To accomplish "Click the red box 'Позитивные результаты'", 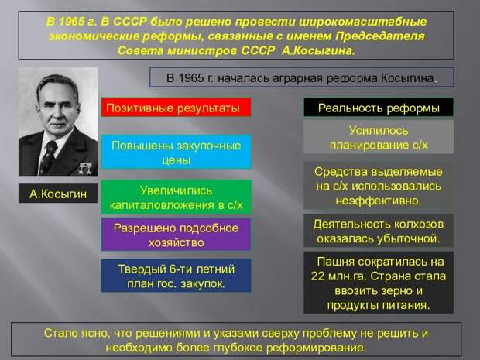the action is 176,108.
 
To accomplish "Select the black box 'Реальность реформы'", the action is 379,108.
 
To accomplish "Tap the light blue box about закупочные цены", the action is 176,153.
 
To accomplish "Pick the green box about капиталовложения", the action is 176,197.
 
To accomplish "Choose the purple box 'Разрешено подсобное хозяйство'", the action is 176,235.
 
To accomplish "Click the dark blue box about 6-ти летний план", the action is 176,276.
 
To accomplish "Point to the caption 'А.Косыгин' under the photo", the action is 58,194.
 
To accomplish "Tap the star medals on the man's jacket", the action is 85,169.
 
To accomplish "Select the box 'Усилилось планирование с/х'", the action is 379,137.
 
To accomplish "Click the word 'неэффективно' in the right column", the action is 379,201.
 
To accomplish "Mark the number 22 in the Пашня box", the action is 317,276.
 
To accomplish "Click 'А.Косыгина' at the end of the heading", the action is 318,50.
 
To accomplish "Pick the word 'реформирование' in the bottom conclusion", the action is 316,348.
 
